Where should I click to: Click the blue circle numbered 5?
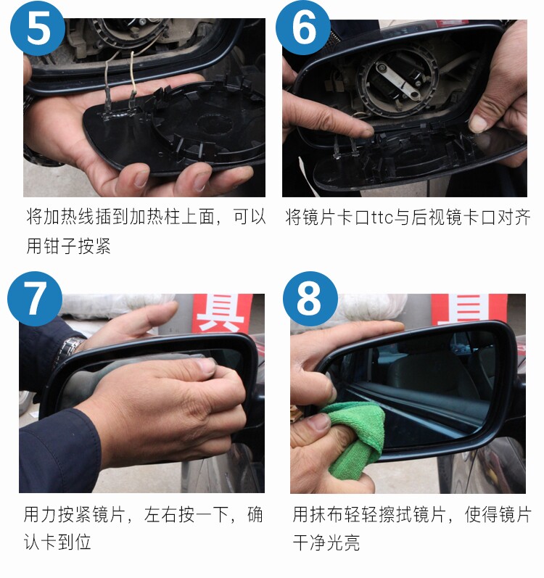coord(38,28)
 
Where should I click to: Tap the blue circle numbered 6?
coord(303,28)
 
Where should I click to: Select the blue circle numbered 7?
coord(35,299)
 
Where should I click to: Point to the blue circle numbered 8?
coord(310,299)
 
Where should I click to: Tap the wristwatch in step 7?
coord(68,350)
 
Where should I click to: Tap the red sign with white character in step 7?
coord(222,313)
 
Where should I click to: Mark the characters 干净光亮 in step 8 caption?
coord(326,542)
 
